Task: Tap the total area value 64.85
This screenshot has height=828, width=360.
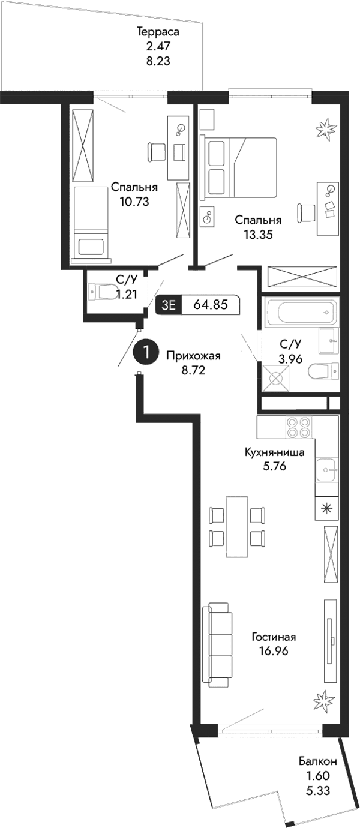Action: (x=211, y=304)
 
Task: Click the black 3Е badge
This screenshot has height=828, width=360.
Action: (x=169, y=304)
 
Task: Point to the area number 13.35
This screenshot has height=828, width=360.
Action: (x=258, y=235)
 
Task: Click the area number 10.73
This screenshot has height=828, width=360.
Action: (x=134, y=202)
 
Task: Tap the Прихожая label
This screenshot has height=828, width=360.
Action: (x=193, y=356)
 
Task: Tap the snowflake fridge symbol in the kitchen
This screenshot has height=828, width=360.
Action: (x=326, y=508)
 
